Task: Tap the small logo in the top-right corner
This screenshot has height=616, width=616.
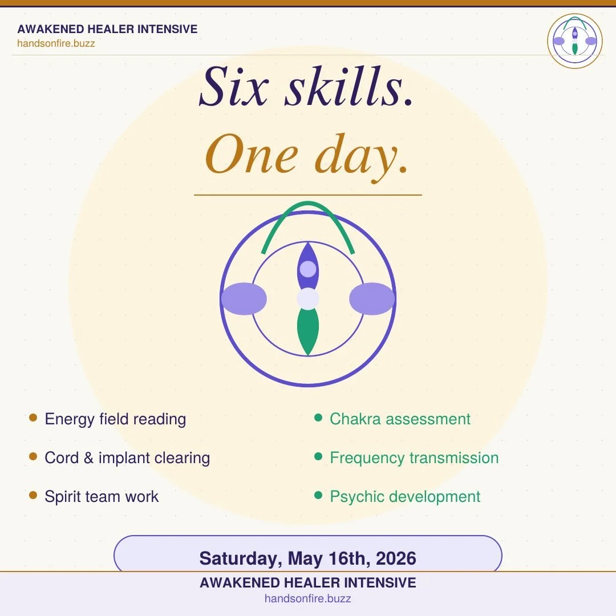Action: pyautogui.click(x=574, y=41)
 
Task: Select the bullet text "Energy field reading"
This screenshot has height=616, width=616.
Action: pyautogui.click(x=115, y=419)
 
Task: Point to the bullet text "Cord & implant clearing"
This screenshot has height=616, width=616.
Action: pyautogui.click(x=127, y=458)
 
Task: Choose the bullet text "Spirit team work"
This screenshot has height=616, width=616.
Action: pyautogui.click(x=102, y=496)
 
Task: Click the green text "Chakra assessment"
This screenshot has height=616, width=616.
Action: pyautogui.click(x=400, y=419)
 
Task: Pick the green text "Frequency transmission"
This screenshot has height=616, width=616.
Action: pyautogui.click(x=414, y=458)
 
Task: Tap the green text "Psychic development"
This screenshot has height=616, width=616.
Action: pyautogui.click(x=405, y=496)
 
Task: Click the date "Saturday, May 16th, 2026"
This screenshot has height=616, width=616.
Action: pyautogui.click(x=307, y=558)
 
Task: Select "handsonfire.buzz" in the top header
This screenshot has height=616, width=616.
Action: pyautogui.click(x=56, y=43)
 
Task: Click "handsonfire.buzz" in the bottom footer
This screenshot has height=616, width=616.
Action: pyautogui.click(x=307, y=599)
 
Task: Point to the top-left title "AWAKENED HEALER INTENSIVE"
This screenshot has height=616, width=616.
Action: pyautogui.click(x=107, y=29)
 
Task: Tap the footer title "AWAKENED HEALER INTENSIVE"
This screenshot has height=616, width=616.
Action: pyautogui.click(x=307, y=583)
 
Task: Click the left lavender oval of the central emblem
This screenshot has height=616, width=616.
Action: pyautogui.click(x=244, y=299)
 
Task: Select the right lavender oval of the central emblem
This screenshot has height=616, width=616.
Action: pyautogui.click(x=372, y=299)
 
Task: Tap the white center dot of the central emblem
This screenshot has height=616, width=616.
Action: pyautogui.click(x=308, y=299)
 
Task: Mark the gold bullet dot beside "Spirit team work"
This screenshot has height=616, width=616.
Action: pyautogui.click(x=33, y=495)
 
